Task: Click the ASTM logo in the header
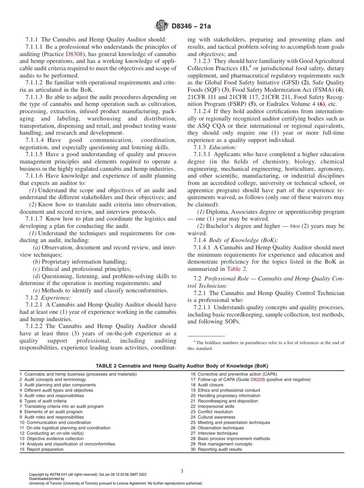click(x=161, y=26)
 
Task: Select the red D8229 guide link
click(x=257, y=379)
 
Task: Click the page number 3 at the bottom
click(x=182, y=471)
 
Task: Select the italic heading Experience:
click(x=56, y=297)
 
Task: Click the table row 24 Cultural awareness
click(x=213, y=417)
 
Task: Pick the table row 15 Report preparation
click(x=42, y=449)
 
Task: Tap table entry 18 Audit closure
click(x=207, y=385)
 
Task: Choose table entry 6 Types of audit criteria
click(x=43, y=401)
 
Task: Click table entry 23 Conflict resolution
click(x=212, y=412)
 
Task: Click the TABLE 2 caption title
click(x=182, y=366)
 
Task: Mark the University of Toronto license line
click(x=116, y=483)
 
